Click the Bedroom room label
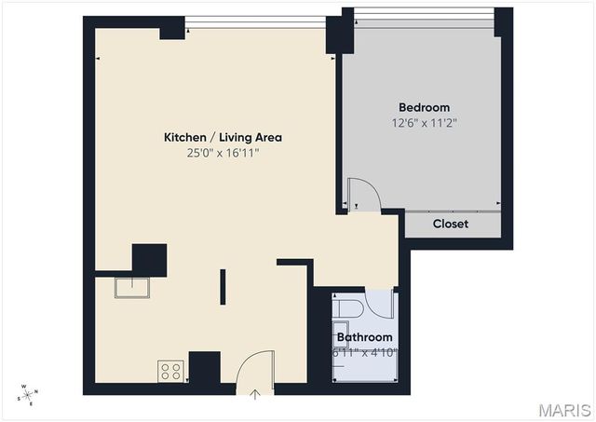[424, 107]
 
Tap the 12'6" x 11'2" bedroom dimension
[424, 122]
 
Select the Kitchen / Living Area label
[223, 137]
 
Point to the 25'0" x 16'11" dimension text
[223, 153]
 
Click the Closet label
[451, 225]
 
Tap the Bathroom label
[364, 337]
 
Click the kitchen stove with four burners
[170, 371]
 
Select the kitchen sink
[131, 286]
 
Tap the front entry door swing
[255, 367]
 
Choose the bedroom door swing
[363, 197]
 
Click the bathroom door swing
[380, 304]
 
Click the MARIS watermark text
[562, 410]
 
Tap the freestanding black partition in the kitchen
[223, 286]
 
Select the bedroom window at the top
[424, 13]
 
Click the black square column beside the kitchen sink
[149, 260]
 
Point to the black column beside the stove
[204, 368]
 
